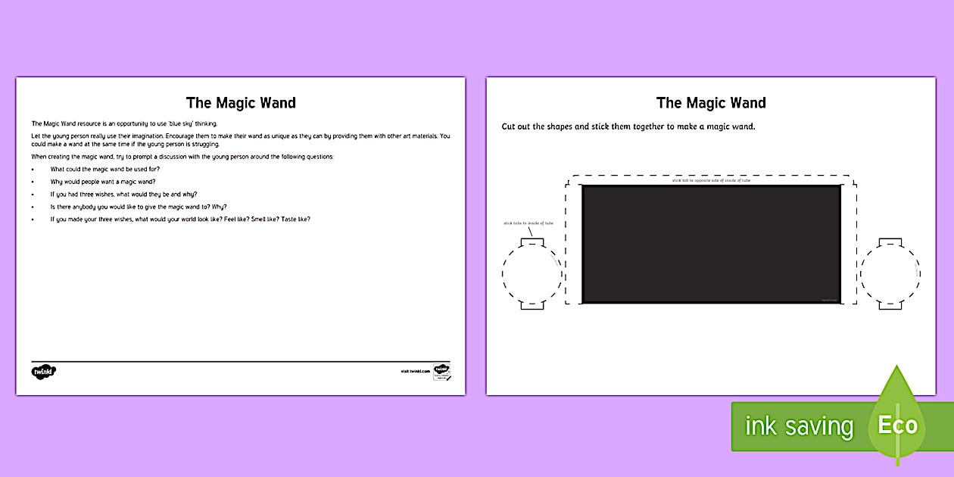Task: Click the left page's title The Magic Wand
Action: point(241,103)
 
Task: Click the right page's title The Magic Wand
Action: point(711,103)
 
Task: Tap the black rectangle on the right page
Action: point(711,244)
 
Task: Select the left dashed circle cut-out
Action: point(532,273)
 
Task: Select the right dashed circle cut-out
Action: point(890,273)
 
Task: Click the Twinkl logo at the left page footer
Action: point(44,372)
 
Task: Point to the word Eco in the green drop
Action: point(897,426)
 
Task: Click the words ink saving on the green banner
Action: point(799,426)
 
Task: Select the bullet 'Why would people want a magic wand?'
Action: point(103,182)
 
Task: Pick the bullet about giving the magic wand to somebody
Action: point(139,207)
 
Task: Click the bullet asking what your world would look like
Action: point(180,219)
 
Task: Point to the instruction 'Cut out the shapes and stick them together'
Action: point(628,126)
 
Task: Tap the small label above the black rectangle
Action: point(711,180)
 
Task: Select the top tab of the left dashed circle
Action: point(532,242)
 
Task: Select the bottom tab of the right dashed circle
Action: point(890,305)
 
